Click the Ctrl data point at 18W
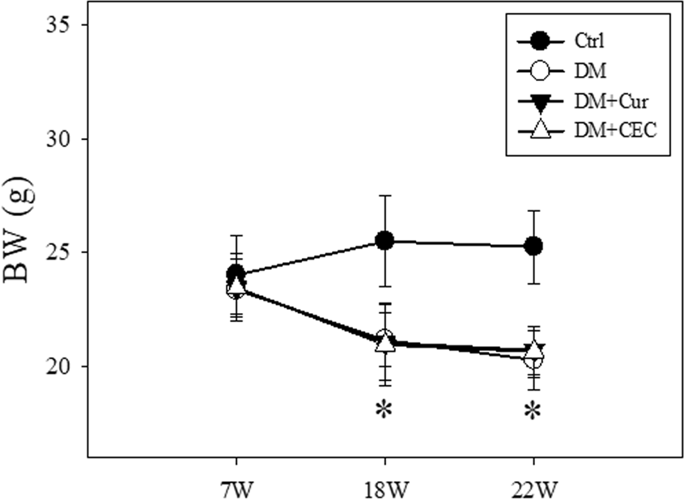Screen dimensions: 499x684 click(384, 240)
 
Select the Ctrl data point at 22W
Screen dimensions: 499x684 click(533, 246)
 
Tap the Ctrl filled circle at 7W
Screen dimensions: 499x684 click(236, 273)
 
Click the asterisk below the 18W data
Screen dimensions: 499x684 click(384, 412)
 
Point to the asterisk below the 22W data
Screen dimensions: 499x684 click(533, 412)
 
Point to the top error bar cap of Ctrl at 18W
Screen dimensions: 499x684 click(384, 196)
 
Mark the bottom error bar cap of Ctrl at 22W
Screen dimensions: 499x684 click(533, 283)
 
